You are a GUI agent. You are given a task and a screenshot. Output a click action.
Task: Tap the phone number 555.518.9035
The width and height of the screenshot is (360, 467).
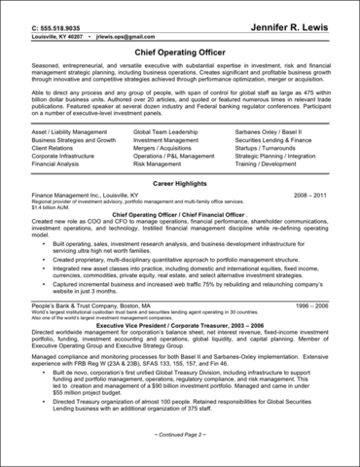(50, 18)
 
